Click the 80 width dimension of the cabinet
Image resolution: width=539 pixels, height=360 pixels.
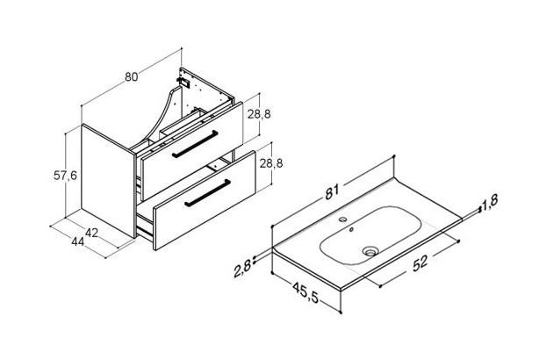pyautogui.click(x=132, y=76)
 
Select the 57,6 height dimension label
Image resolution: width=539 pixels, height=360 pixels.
pyautogui.click(x=65, y=176)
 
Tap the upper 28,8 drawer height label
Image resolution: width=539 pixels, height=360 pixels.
pyautogui.click(x=259, y=114)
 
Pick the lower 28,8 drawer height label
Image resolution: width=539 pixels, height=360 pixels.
pyautogui.click(x=271, y=163)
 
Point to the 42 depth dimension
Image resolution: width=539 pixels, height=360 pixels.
pyautogui.click(x=91, y=233)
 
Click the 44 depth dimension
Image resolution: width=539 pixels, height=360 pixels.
pyautogui.click(x=77, y=241)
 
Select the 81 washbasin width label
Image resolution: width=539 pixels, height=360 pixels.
pyautogui.click(x=332, y=192)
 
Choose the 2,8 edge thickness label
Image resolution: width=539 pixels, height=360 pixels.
pyautogui.click(x=242, y=268)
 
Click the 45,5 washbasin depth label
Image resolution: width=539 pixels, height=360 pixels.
pyautogui.click(x=305, y=292)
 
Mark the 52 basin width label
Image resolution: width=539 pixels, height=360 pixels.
pyautogui.click(x=420, y=263)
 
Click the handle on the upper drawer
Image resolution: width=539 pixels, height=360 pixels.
pyautogui.click(x=195, y=144)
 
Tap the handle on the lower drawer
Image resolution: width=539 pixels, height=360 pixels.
pyautogui.click(x=207, y=193)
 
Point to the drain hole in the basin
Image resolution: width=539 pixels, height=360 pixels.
pyautogui.click(x=370, y=252)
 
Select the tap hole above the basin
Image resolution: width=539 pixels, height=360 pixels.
pyautogui.click(x=342, y=219)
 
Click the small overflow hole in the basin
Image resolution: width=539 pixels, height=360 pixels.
pyautogui.click(x=351, y=230)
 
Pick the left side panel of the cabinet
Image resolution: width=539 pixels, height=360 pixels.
pyautogui.click(x=108, y=181)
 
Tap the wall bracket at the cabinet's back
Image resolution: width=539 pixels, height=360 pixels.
pyautogui.click(x=183, y=82)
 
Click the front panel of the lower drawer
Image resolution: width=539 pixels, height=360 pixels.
pyautogui.click(x=205, y=200)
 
